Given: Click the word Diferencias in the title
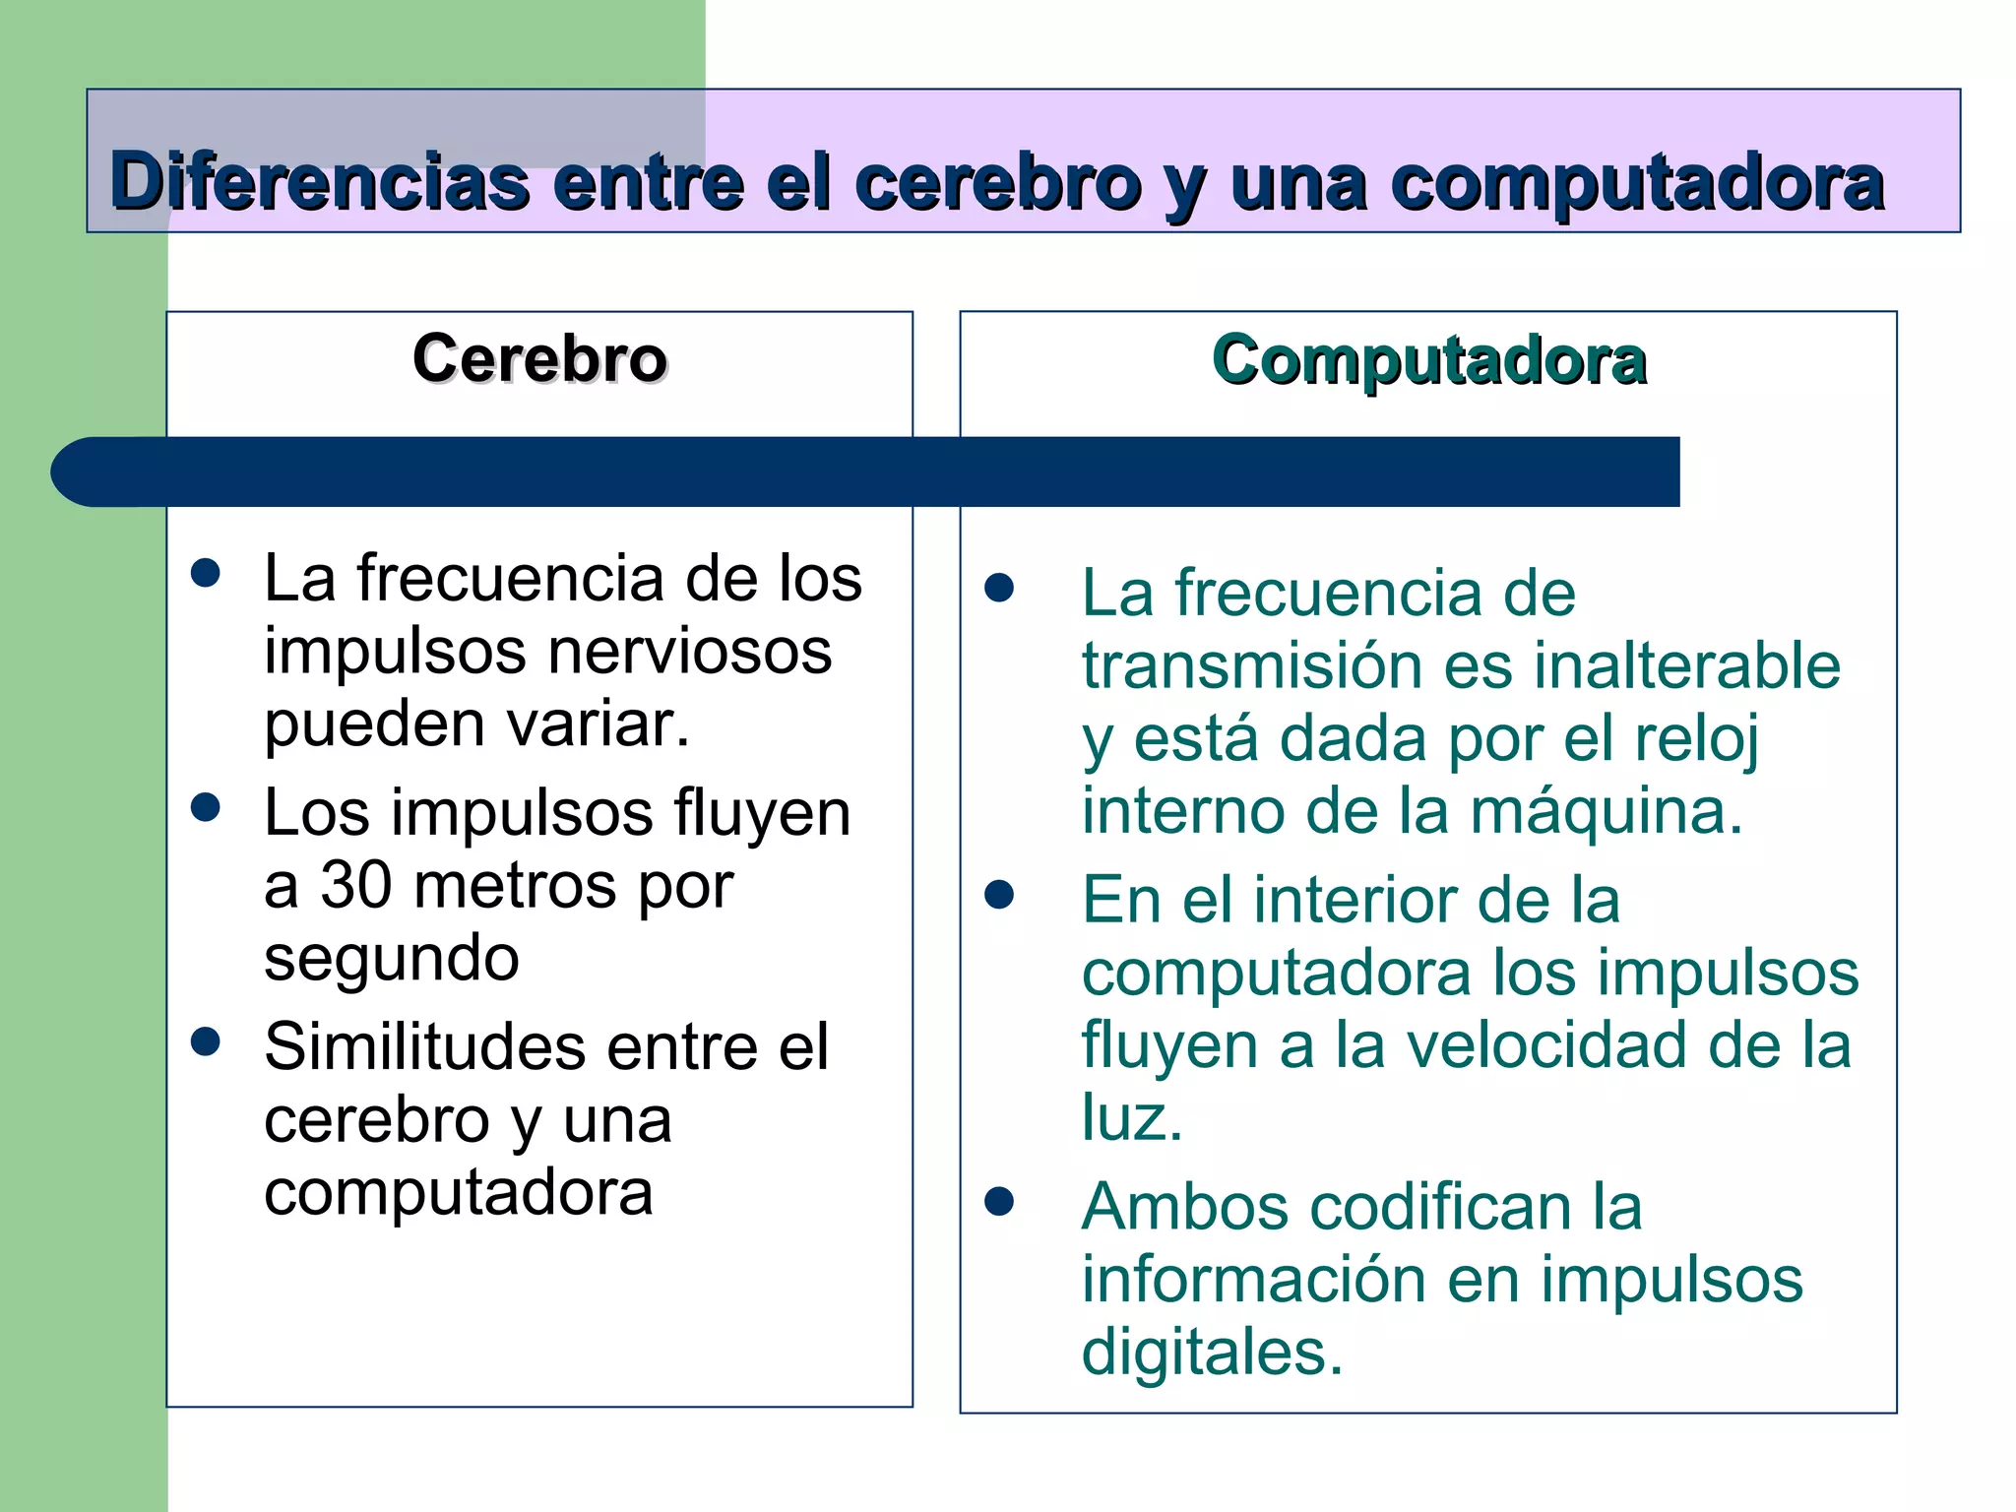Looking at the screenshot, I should click(x=320, y=183).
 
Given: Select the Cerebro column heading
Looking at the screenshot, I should click(x=539, y=358).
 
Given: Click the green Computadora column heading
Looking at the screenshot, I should click(x=1428, y=360).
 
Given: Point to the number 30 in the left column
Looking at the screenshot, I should click(x=356, y=885).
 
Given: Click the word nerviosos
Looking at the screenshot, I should click(x=689, y=652).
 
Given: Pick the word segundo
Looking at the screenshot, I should click(x=392, y=959).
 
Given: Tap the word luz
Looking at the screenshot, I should click(x=1131, y=1118).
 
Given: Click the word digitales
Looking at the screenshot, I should click(x=1211, y=1353).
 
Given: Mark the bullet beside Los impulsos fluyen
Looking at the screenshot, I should click(x=206, y=808).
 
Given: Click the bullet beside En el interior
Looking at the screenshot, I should click(x=999, y=895).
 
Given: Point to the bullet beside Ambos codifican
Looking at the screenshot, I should click(x=999, y=1202).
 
